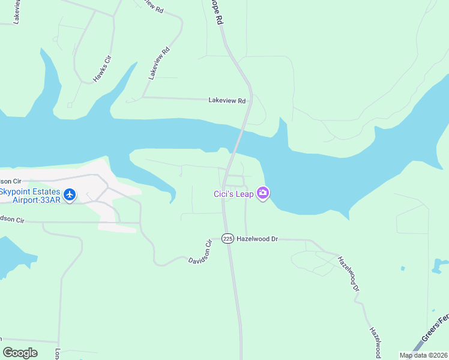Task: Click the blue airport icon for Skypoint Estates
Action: pos(70,195)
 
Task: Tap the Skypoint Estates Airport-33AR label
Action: pos(30,196)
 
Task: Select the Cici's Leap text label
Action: pos(233,193)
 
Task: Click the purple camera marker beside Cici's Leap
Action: pos(262,193)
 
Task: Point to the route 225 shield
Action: pos(227,238)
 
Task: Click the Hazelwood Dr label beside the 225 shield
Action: pos(258,239)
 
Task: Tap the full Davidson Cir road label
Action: pos(201,252)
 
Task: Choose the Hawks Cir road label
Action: pos(102,68)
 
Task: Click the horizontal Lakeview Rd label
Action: pos(227,101)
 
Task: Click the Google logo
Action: pos(20,353)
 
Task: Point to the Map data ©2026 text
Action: pos(423,355)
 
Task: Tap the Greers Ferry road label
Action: pos(435,327)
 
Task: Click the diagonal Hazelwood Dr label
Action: pos(348,274)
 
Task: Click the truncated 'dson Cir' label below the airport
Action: pos(12,220)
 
